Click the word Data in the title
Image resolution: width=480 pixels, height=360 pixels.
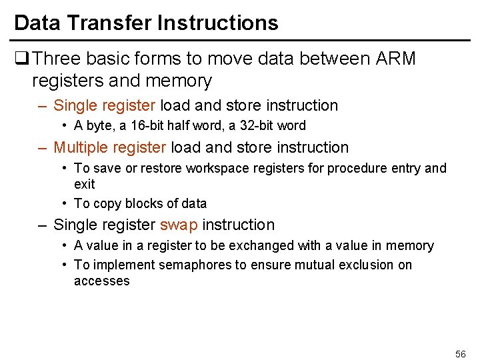[x=37, y=23]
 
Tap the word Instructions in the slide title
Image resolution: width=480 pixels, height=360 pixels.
[x=218, y=23]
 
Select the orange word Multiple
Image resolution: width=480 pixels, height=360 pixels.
[x=81, y=147]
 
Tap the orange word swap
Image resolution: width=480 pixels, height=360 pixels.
[x=179, y=225]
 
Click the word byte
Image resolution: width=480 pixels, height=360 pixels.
[x=97, y=125]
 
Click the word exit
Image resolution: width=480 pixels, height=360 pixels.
[x=85, y=184]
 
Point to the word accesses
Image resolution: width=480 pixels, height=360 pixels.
[x=102, y=281]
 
